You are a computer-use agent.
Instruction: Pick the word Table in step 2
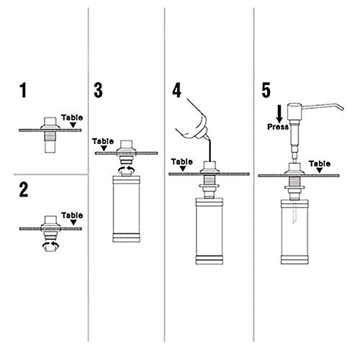click(71, 215)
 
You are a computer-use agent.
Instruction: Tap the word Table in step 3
click(104, 142)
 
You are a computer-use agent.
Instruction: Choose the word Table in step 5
click(320, 163)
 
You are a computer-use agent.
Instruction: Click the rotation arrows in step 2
click(50, 245)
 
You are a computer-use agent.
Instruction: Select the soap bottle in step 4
click(210, 230)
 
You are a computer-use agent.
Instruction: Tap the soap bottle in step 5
click(294, 230)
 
